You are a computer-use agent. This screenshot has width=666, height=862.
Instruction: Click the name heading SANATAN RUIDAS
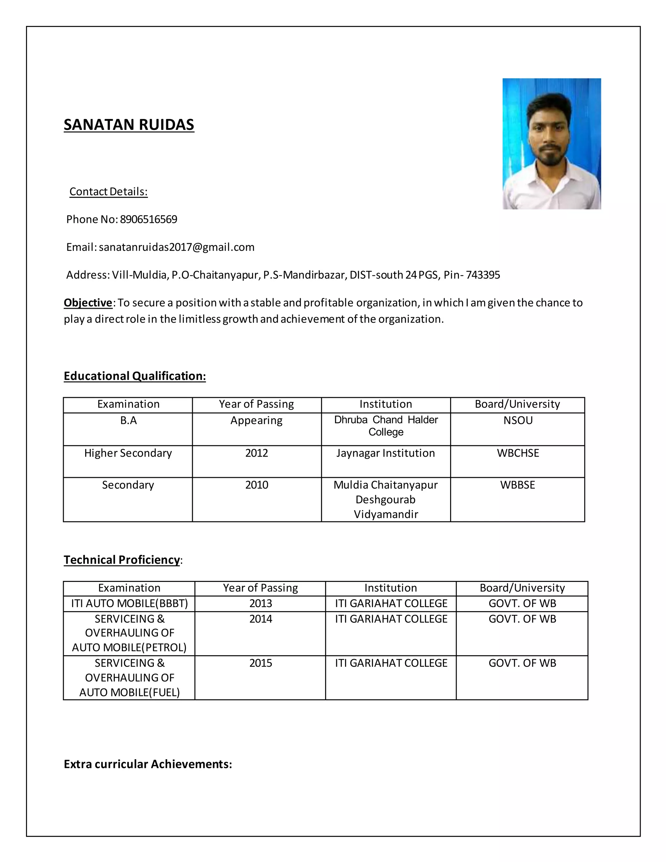tap(129, 125)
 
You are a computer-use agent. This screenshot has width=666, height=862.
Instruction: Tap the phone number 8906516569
tap(148, 220)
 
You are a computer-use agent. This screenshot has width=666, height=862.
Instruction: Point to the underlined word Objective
tap(88, 303)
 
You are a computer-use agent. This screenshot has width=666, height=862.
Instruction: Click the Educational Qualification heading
tap(135, 376)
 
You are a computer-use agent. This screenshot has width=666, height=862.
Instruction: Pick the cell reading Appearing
tap(257, 421)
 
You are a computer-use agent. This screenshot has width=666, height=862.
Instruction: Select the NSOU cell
tap(518, 421)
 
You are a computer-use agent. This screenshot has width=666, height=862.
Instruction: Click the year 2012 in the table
tap(257, 453)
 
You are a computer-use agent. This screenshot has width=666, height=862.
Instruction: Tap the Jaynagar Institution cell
tap(385, 453)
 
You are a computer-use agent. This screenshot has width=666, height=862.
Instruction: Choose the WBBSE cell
tap(518, 485)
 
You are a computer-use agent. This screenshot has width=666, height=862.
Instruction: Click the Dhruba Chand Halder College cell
tap(386, 426)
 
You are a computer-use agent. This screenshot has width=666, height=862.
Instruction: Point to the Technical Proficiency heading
tap(122, 560)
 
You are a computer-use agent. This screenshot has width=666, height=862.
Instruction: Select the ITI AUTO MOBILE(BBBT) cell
tap(129, 603)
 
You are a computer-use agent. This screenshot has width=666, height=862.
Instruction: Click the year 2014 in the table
tap(260, 619)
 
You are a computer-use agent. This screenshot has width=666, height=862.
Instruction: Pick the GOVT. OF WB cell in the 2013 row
tap(522, 603)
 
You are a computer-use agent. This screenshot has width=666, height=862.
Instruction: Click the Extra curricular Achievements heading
tap(148, 764)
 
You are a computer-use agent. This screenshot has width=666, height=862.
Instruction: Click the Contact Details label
tap(109, 192)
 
